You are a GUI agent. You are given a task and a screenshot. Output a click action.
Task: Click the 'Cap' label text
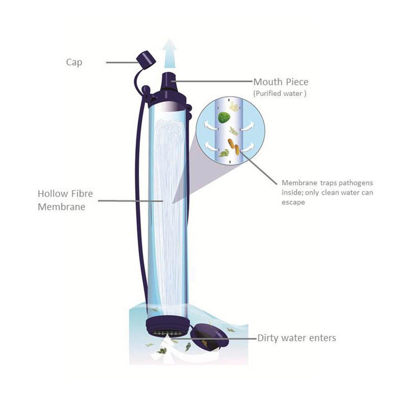[74, 63]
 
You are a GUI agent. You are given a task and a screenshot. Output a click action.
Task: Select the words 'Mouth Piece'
[281, 82]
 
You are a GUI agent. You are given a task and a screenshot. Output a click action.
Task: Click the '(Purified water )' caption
[280, 93]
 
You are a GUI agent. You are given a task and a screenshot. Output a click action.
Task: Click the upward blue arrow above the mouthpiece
[169, 54]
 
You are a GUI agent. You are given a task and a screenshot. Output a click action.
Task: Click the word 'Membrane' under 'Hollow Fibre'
[62, 207]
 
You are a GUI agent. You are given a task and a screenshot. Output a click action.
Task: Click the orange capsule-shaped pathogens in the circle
[234, 146]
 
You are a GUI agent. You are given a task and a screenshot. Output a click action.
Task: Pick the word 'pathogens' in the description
[356, 183]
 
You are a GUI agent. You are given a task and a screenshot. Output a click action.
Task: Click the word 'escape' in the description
[293, 202]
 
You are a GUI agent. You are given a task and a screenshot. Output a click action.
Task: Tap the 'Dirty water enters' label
[297, 338]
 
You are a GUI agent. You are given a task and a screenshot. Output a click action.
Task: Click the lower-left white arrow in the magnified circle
[211, 146]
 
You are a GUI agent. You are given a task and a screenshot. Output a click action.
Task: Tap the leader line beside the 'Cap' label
[122, 63]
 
